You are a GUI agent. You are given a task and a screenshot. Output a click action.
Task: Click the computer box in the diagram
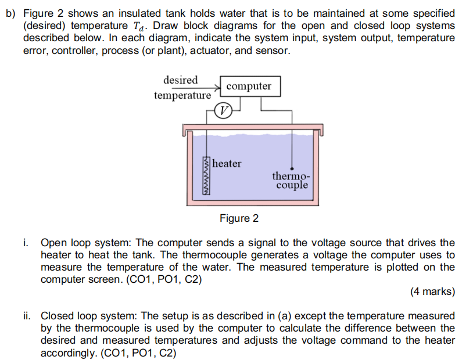[248, 86]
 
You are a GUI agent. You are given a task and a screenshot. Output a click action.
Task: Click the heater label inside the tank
[227, 164]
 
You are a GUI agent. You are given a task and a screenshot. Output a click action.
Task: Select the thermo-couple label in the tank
[291, 180]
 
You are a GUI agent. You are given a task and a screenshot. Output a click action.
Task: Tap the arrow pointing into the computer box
[217, 87]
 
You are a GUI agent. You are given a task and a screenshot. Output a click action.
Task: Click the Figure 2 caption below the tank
[239, 218]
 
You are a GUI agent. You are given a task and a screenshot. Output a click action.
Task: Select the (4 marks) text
[432, 292]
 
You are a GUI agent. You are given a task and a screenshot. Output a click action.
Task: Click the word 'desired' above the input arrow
[180, 80]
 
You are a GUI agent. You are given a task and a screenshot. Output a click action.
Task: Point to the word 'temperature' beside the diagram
[182, 95]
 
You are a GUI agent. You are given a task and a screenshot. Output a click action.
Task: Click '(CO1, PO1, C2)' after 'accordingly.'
[138, 352]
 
